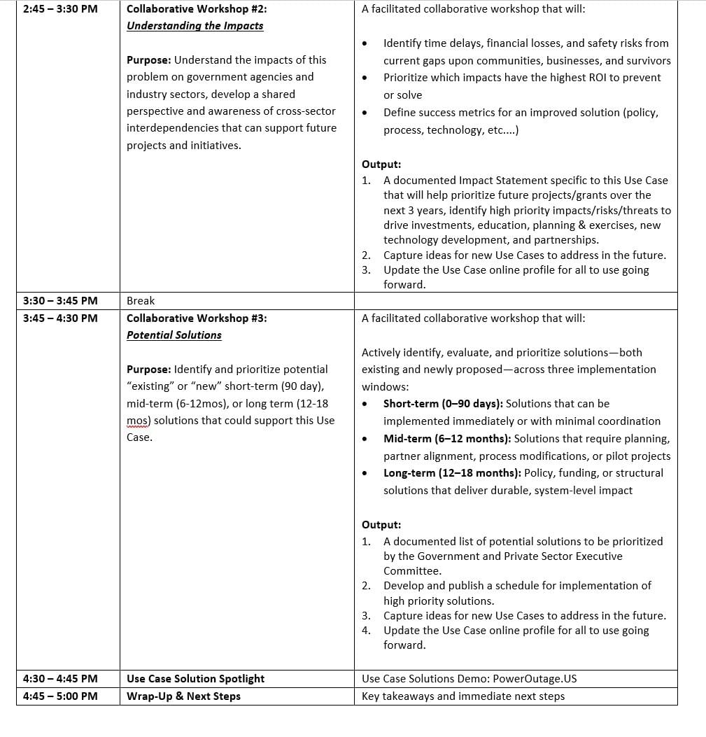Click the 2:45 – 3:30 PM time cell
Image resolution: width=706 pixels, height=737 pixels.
click(x=60, y=10)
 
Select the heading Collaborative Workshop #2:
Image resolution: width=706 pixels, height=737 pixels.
click(x=197, y=10)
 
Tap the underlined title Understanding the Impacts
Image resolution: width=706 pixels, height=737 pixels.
click(x=195, y=26)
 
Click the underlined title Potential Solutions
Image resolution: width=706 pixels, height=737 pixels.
click(x=174, y=335)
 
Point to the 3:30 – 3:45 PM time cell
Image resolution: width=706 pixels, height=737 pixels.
click(x=60, y=301)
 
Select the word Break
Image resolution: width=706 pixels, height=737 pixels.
click(x=141, y=301)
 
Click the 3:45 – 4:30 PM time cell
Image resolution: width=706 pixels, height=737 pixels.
click(x=60, y=318)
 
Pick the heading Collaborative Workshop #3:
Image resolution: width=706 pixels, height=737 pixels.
click(x=197, y=318)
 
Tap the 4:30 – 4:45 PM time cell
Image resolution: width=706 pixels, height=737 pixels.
click(x=60, y=679)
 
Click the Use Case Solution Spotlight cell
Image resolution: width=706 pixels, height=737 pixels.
click(x=196, y=679)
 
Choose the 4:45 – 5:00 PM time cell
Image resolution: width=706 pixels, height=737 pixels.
click(x=60, y=696)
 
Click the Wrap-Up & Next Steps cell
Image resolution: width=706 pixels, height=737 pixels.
click(x=183, y=696)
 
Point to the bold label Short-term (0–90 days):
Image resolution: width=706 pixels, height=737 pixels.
click(x=443, y=404)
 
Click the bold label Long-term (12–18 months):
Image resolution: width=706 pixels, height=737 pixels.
click(x=452, y=473)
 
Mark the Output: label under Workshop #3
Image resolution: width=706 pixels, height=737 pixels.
click(x=381, y=525)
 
